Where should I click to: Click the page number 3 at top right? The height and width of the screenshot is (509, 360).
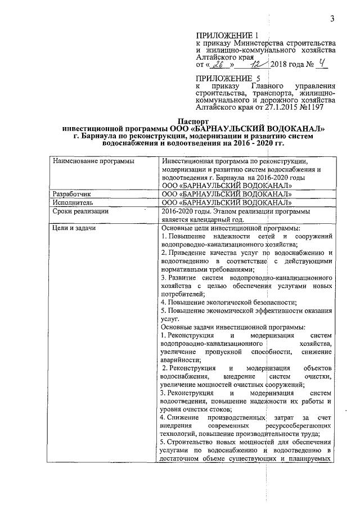click(332, 20)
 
